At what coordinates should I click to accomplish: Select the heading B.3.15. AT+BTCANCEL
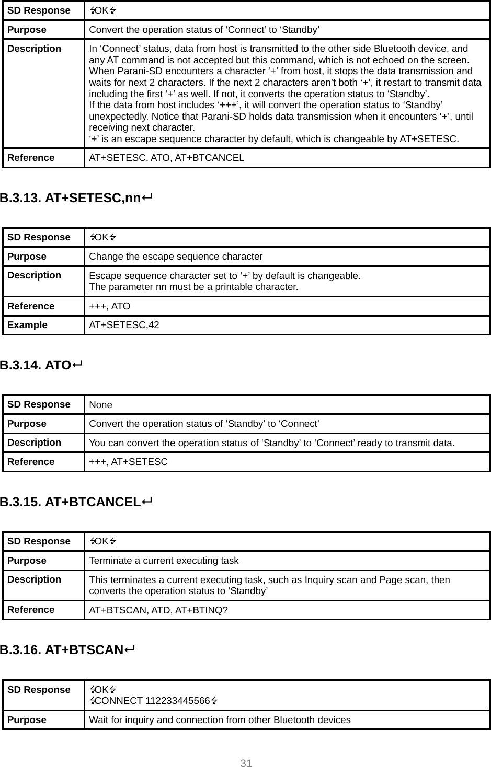tap(76, 502)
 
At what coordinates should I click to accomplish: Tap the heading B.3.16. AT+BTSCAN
tap(67, 650)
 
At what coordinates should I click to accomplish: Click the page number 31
tap(246, 763)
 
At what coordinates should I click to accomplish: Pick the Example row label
tap(27, 325)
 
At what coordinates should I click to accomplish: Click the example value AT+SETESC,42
tap(124, 325)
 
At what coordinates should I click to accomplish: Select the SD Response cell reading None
tap(100, 405)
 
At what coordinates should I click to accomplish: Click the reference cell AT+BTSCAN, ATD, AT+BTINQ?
tap(158, 610)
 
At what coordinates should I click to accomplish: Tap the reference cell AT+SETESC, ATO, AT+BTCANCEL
tap(166, 158)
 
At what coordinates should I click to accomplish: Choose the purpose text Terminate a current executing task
tap(164, 561)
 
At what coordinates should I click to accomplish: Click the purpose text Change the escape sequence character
tap(176, 257)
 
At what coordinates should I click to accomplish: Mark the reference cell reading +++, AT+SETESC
tap(128, 462)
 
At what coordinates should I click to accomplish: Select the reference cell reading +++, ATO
tap(109, 306)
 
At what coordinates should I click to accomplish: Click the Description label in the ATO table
tap(34, 443)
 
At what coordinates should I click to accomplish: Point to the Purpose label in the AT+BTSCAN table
tap(27, 720)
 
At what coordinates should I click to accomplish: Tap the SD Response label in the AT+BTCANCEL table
tap(39, 541)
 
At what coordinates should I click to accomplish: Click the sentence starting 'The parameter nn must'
tap(193, 287)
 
